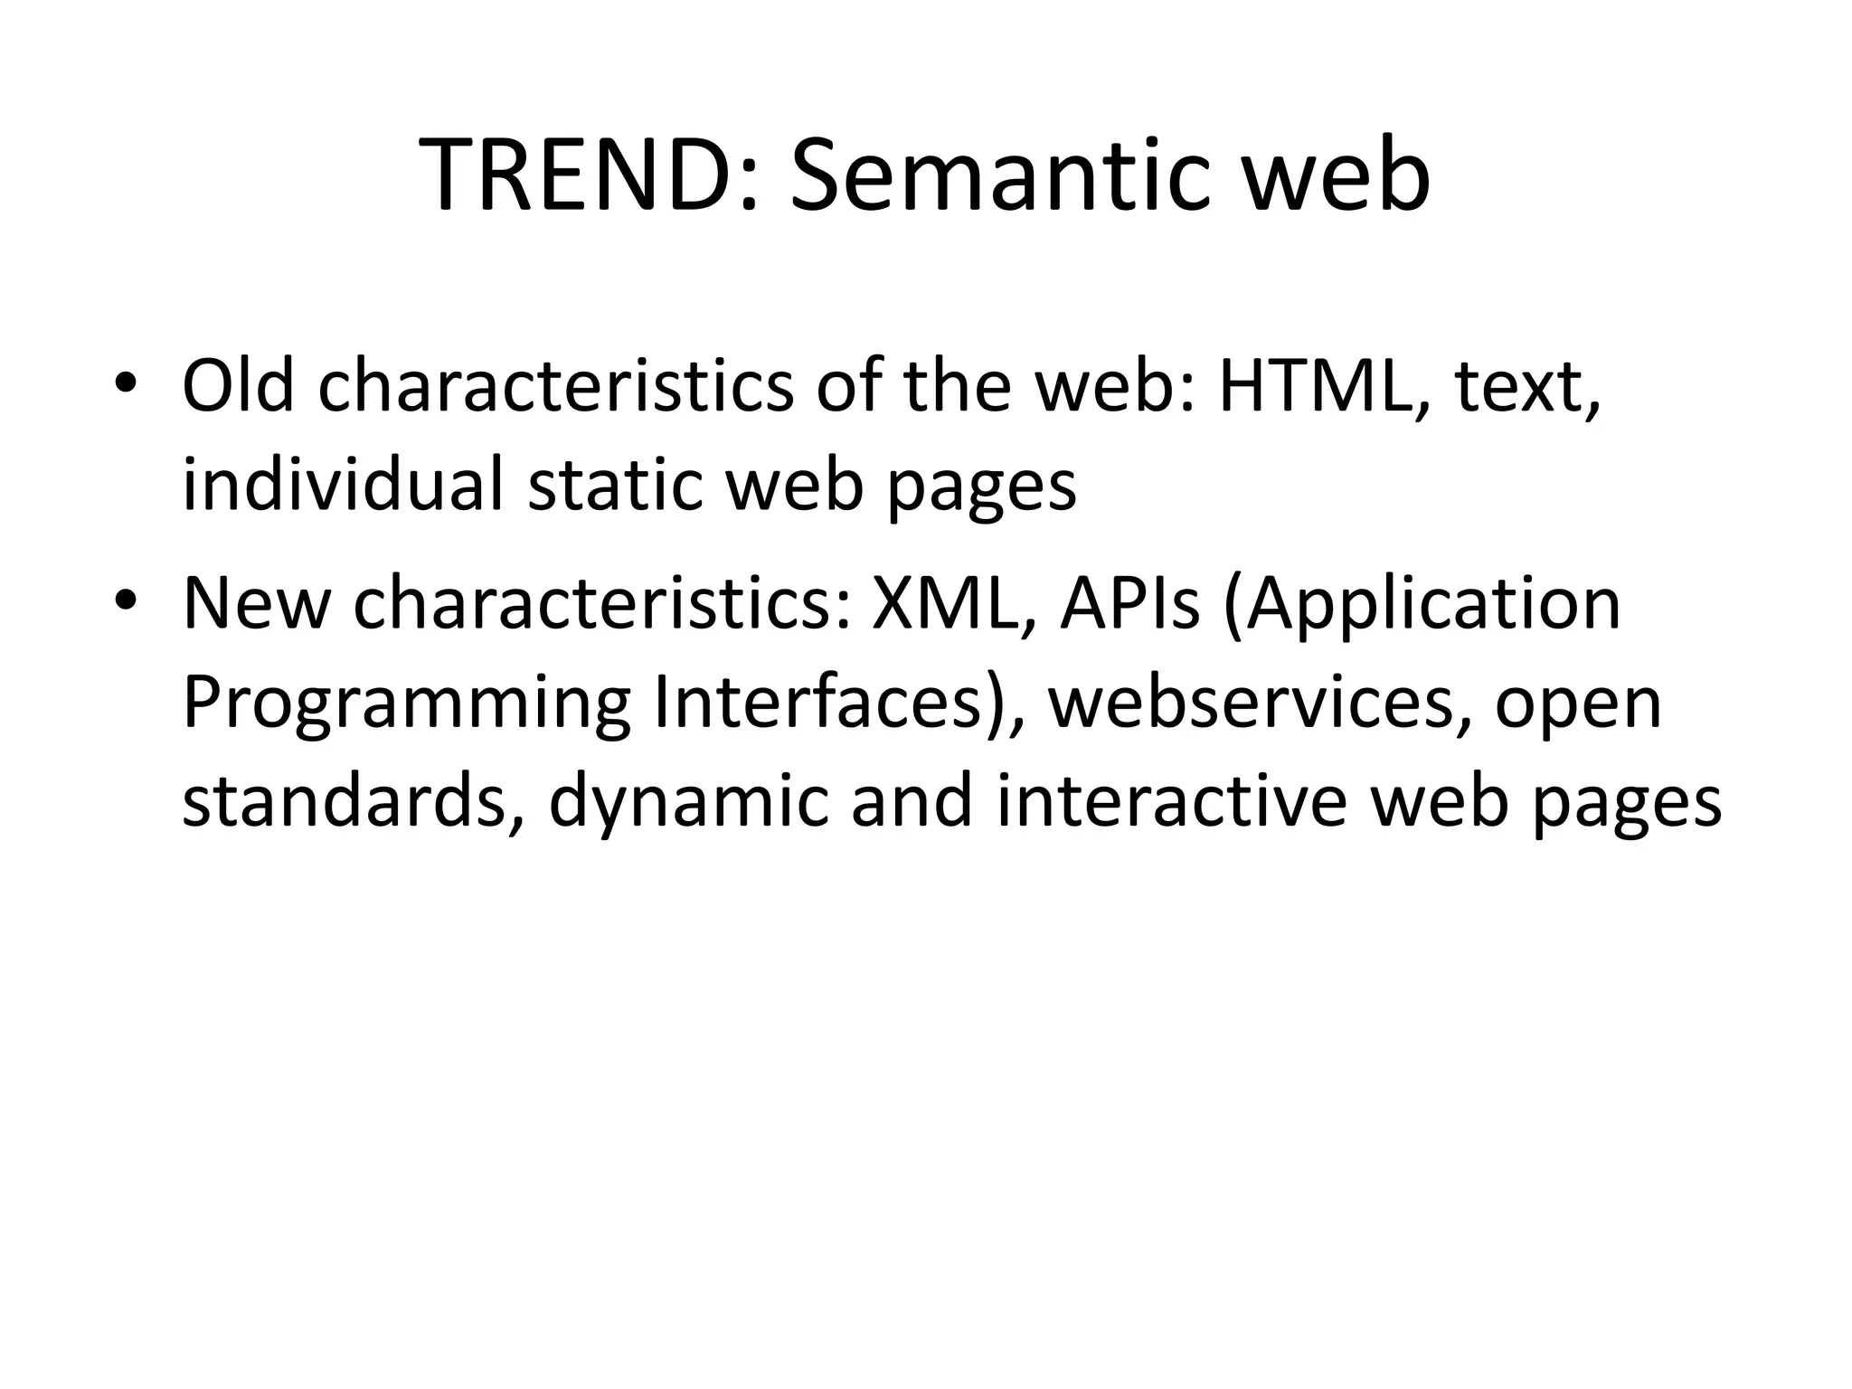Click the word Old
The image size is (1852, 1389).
(x=238, y=387)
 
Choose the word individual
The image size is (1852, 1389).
(x=342, y=486)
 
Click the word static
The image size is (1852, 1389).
(x=615, y=486)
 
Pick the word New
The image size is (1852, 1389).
(x=256, y=604)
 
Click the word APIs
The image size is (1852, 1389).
(x=1130, y=604)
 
